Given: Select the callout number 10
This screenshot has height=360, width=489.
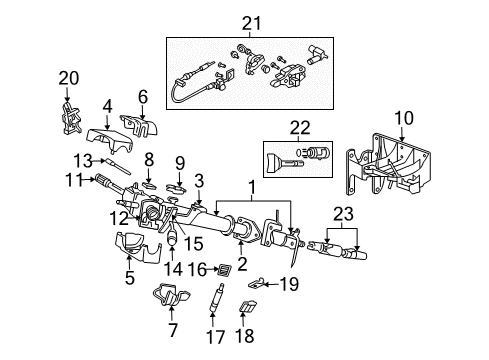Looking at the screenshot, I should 402,119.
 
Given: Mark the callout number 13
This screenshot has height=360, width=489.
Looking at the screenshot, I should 87,159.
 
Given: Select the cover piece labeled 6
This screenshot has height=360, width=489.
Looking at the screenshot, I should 143,128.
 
